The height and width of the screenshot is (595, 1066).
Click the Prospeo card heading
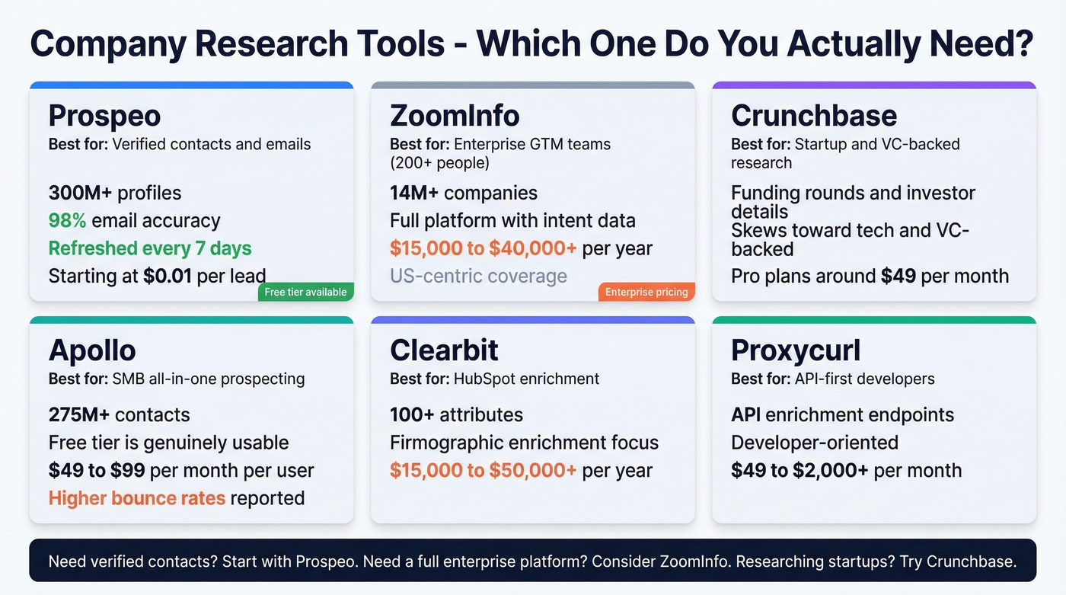[x=104, y=116]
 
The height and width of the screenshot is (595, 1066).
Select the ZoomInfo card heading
[x=455, y=116]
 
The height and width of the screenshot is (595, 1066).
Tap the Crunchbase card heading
[x=814, y=116]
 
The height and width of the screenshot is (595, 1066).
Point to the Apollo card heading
[x=92, y=350]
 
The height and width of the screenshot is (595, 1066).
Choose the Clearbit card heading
[x=444, y=350]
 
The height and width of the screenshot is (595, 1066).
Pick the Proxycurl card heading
[x=796, y=350]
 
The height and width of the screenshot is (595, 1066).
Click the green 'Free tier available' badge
[x=305, y=292]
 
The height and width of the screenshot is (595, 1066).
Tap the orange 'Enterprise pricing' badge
[x=646, y=292]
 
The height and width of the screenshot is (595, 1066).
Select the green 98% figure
[x=67, y=221]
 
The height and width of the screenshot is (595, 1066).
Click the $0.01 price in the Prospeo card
[x=168, y=276]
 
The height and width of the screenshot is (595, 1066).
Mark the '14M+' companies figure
[x=414, y=193]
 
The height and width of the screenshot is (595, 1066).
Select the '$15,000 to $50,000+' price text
[x=483, y=471]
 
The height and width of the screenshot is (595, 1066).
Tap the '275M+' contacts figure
[x=80, y=415]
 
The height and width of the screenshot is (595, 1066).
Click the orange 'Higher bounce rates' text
[x=137, y=498]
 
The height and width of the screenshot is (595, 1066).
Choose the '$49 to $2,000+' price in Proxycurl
[x=799, y=471]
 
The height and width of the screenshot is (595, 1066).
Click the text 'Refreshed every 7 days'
[x=150, y=248]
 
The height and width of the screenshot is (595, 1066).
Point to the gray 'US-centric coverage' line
[x=478, y=276]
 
